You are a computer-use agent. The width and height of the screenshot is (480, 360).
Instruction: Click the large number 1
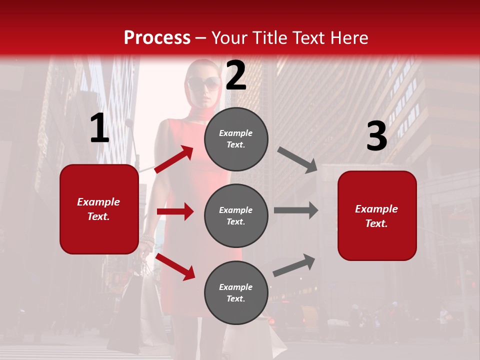[99, 128]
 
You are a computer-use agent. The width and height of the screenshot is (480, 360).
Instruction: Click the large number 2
[236, 75]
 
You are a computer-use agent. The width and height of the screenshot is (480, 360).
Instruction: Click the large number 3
[376, 136]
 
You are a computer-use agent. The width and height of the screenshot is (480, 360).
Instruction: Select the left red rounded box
[99, 209]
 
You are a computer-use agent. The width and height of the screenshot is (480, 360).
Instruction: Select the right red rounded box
[377, 215]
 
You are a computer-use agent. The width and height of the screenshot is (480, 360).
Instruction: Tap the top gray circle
[236, 139]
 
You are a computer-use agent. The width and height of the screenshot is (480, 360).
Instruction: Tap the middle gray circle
[236, 215]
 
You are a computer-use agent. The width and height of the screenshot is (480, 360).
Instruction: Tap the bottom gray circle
[236, 292]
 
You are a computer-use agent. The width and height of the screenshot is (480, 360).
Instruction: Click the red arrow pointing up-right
[174, 159]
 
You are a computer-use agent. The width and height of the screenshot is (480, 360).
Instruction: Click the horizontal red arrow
[175, 211]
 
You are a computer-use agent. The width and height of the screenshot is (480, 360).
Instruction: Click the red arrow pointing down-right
[175, 266]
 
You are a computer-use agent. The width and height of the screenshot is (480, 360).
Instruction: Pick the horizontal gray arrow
[296, 210]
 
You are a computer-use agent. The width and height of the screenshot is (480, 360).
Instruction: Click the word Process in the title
[157, 38]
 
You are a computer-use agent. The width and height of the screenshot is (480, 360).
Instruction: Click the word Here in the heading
[349, 38]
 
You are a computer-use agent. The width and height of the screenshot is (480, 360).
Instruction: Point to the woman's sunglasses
[204, 83]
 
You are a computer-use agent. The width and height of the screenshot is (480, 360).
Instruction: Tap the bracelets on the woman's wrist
[147, 240]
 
